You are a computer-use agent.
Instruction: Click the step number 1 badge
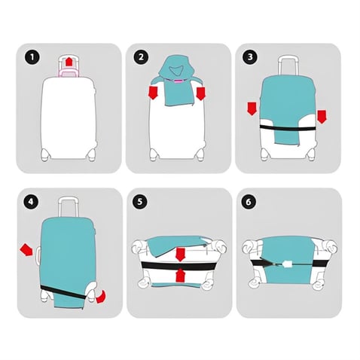point(32,57)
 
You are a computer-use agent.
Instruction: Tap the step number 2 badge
point(142,57)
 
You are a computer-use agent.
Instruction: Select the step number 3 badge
point(250,57)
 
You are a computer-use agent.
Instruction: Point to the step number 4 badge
point(31,202)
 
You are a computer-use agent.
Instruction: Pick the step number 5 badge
point(140,202)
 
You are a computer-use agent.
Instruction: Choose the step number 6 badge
point(249,202)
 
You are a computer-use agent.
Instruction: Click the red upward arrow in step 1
point(69,62)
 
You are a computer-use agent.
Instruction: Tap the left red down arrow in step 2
point(153,93)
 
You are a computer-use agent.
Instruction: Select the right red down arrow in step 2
point(201,93)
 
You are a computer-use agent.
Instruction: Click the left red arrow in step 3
point(252,108)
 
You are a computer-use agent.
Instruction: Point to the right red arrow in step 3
point(322,117)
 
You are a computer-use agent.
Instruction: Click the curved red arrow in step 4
point(101,297)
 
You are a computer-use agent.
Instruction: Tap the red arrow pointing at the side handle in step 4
point(26,250)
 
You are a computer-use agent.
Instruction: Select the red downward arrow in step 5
point(179,255)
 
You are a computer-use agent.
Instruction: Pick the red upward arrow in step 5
point(181,276)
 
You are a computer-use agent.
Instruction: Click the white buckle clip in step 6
point(287,264)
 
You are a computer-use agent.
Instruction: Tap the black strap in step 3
point(288,128)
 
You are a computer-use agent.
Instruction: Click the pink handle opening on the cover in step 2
point(178,81)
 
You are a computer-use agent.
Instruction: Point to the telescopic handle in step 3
point(288,66)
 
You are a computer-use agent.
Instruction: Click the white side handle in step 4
point(38,255)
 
